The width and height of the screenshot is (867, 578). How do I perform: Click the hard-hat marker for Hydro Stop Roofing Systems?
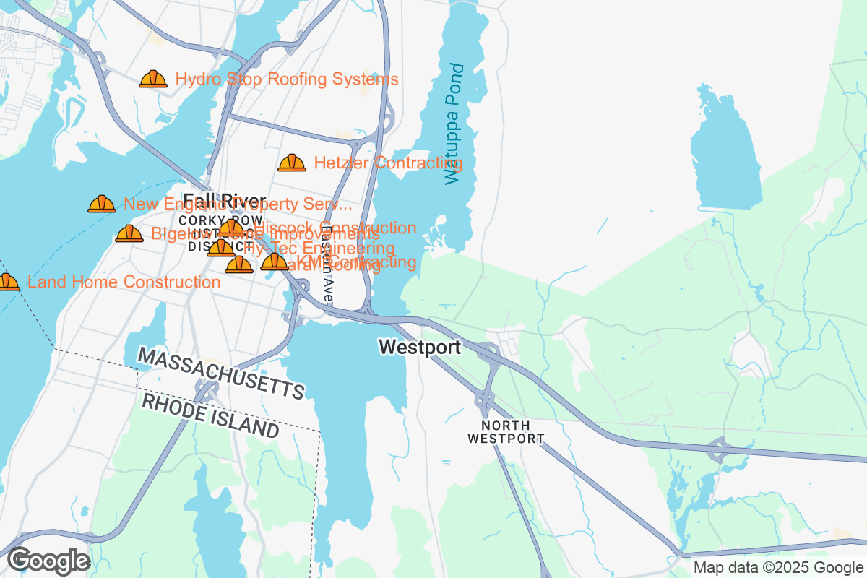coord(153,79)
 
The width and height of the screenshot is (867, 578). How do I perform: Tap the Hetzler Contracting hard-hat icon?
coord(292,163)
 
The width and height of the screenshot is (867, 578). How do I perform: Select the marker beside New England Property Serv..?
coord(102,204)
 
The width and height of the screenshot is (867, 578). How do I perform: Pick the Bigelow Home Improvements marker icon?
coord(129,233)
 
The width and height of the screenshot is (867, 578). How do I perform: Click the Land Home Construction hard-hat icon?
coord(7,282)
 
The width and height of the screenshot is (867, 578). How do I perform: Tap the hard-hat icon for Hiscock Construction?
coord(231,229)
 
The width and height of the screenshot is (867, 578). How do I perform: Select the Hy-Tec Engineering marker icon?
coord(221,249)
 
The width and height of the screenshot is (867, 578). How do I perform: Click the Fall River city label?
coord(224,201)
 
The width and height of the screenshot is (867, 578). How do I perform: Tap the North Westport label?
coord(505,432)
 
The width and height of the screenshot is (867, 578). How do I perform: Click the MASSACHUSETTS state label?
coord(221,373)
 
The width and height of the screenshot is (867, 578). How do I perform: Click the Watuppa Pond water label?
coord(453,124)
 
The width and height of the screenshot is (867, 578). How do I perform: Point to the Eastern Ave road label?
coord(327,264)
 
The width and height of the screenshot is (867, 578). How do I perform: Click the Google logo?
coord(49,560)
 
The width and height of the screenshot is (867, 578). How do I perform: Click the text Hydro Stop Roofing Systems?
coord(287,79)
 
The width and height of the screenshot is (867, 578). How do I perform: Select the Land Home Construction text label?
coord(124,282)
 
